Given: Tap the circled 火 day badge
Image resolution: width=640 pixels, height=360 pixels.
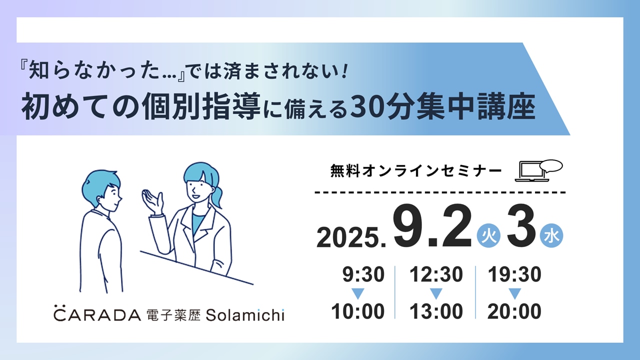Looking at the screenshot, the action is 488,235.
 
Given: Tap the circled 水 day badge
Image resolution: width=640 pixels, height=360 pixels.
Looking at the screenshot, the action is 551,235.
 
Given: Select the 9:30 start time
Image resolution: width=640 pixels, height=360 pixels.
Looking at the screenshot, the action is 363,274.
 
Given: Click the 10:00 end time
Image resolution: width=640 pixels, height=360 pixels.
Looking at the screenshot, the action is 357,311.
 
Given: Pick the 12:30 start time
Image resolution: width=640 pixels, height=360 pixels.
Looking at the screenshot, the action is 436,274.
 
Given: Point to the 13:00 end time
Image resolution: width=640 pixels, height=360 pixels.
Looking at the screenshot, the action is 436,311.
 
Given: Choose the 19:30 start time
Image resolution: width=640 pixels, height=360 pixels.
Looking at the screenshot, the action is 514,274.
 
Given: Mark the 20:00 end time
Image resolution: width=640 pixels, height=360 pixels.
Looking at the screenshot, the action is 514,311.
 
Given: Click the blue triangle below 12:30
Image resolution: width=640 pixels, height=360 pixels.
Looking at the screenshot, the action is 436,293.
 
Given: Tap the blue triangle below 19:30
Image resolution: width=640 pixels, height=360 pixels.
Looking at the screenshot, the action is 515,293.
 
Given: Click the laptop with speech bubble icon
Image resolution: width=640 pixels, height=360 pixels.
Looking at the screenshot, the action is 538,170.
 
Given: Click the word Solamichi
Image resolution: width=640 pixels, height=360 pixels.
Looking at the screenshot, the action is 245,315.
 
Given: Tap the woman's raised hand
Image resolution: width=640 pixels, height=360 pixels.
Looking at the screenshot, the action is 152,201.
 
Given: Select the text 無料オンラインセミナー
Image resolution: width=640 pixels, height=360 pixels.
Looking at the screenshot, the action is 416,171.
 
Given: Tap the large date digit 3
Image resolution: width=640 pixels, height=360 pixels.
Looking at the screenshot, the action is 521,225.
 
